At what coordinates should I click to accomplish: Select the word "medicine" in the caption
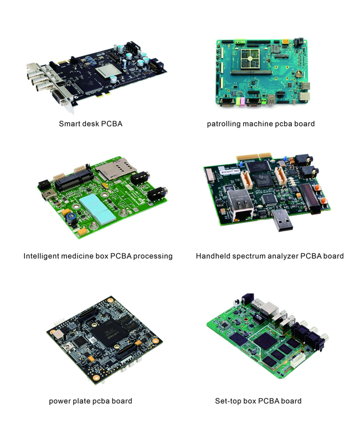pyautogui.click(x=85, y=256)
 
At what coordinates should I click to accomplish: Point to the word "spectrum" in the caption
pyautogui.click(x=249, y=257)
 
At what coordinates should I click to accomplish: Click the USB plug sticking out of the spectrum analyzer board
pyautogui.click(x=282, y=220)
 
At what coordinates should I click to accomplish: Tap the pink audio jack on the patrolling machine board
pyautogui.click(x=242, y=101)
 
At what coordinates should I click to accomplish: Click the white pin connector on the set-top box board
pyautogui.click(x=297, y=360)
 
